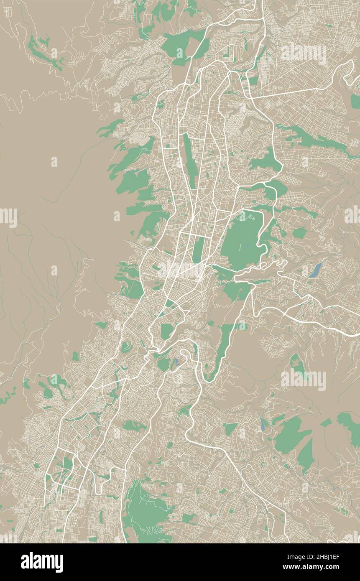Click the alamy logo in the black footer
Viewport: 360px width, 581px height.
[x=42, y=562]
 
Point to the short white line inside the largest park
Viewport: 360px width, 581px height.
[x=240, y=247]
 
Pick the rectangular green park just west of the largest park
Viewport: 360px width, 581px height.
[x=198, y=249]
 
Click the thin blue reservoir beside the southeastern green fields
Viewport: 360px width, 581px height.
[x=263, y=424]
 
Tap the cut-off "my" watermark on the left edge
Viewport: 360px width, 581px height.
[x=8, y=217]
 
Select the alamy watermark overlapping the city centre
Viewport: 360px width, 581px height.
[x=180, y=270]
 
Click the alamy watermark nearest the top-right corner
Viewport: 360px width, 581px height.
[x=304, y=54]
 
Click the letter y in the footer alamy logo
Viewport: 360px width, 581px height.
[x=59, y=563]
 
